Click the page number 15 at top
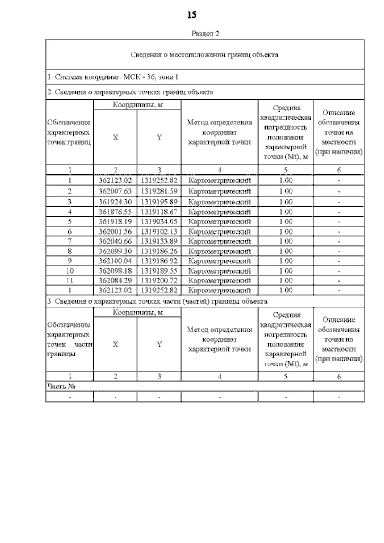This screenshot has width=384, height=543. (x=192, y=15)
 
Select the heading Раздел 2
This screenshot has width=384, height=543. (x=205, y=34)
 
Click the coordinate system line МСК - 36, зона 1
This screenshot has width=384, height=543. (x=113, y=77)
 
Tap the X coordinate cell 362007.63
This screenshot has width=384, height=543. (x=115, y=191)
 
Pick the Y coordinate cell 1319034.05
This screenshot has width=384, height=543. (x=159, y=222)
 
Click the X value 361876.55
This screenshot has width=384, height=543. (x=115, y=212)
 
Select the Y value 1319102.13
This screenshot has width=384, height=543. (x=159, y=232)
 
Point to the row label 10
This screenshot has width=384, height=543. (x=70, y=271)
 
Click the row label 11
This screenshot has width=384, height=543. (x=70, y=281)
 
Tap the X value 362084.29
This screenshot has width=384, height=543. (x=115, y=281)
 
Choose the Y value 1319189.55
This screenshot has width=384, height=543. (x=159, y=271)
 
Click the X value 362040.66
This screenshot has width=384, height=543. (x=115, y=241)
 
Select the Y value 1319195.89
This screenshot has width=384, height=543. (x=159, y=202)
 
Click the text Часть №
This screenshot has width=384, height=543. (x=61, y=387)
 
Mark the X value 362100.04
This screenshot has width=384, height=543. (x=115, y=261)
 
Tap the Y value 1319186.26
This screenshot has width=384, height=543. (x=159, y=251)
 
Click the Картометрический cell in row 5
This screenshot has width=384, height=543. (x=220, y=222)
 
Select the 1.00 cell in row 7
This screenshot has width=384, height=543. (x=285, y=241)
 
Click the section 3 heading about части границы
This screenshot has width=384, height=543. (x=157, y=301)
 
